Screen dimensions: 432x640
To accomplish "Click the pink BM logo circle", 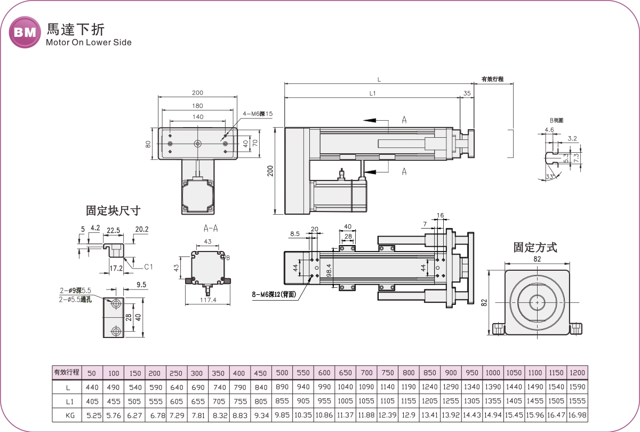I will pyautogui.click(x=25, y=33).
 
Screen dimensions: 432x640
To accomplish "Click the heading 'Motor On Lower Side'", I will pyautogui.click(x=89, y=43).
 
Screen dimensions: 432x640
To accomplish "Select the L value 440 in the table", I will pyautogui.click(x=91, y=387).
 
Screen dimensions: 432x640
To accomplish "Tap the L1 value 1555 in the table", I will pyautogui.click(x=577, y=401).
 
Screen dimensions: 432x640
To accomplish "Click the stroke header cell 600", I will pyautogui.click(x=324, y=373).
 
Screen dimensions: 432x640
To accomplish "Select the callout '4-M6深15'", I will pyautogui.click(x=258, y=114).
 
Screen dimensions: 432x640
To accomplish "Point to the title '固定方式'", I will pyautogui.click(x=535, y=247).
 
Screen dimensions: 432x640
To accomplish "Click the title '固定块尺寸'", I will pyautogui.click(x=113, y=211).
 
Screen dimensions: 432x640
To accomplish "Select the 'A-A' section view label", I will pyautogui.click(x=211, y=228).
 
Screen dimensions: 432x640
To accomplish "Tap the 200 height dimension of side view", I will pyautogui.click(x=270, y=171).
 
